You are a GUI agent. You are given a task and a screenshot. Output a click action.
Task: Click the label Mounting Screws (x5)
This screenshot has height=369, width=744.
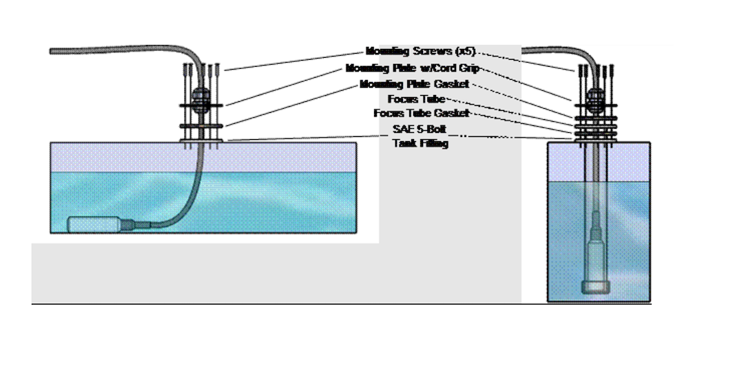[x=420, y=52]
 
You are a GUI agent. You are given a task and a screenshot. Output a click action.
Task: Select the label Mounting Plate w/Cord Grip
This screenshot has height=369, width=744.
[x=412, y=68]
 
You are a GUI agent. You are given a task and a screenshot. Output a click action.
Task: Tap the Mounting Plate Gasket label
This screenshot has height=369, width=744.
[x=414, y=84]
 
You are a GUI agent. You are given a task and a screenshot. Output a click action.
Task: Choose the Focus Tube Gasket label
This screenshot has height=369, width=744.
[x=421, y=113]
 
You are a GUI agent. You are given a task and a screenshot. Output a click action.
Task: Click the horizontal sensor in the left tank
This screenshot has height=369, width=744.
[x=96, y=224]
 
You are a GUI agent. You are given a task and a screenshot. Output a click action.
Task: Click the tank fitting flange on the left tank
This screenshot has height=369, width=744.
[x=200, y=140]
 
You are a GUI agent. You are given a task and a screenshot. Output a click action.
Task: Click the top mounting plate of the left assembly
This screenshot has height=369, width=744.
[x=200, y=105]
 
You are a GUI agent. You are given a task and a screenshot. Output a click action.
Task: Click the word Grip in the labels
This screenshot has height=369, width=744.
[x=468, y=68]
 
